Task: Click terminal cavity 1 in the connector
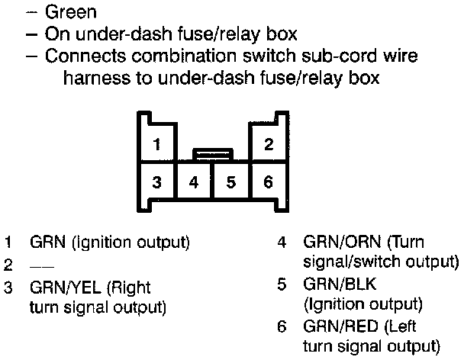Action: (156, 144)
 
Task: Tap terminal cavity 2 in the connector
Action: (269, 144)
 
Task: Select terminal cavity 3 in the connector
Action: (156, 182)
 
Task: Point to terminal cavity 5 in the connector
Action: (231, 182)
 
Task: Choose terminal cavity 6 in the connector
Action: (268, 182)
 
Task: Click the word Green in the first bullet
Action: (71, 12)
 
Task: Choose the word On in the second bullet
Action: (57, 34)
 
